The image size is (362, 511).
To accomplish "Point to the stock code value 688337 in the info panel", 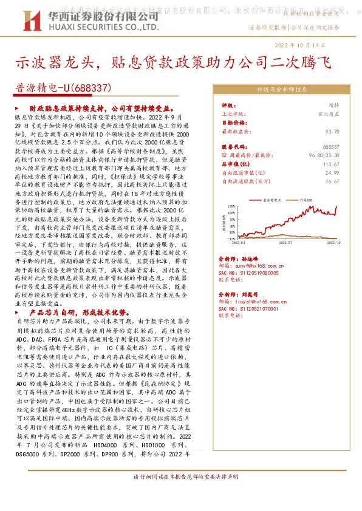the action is coord(331,147).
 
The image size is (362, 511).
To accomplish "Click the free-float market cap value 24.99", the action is coord(332,172).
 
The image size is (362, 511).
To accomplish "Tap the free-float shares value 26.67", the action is coord(332,181).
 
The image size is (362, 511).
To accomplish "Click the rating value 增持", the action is coord(333,105).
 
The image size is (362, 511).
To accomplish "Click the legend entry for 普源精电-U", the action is coord(276,198).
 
